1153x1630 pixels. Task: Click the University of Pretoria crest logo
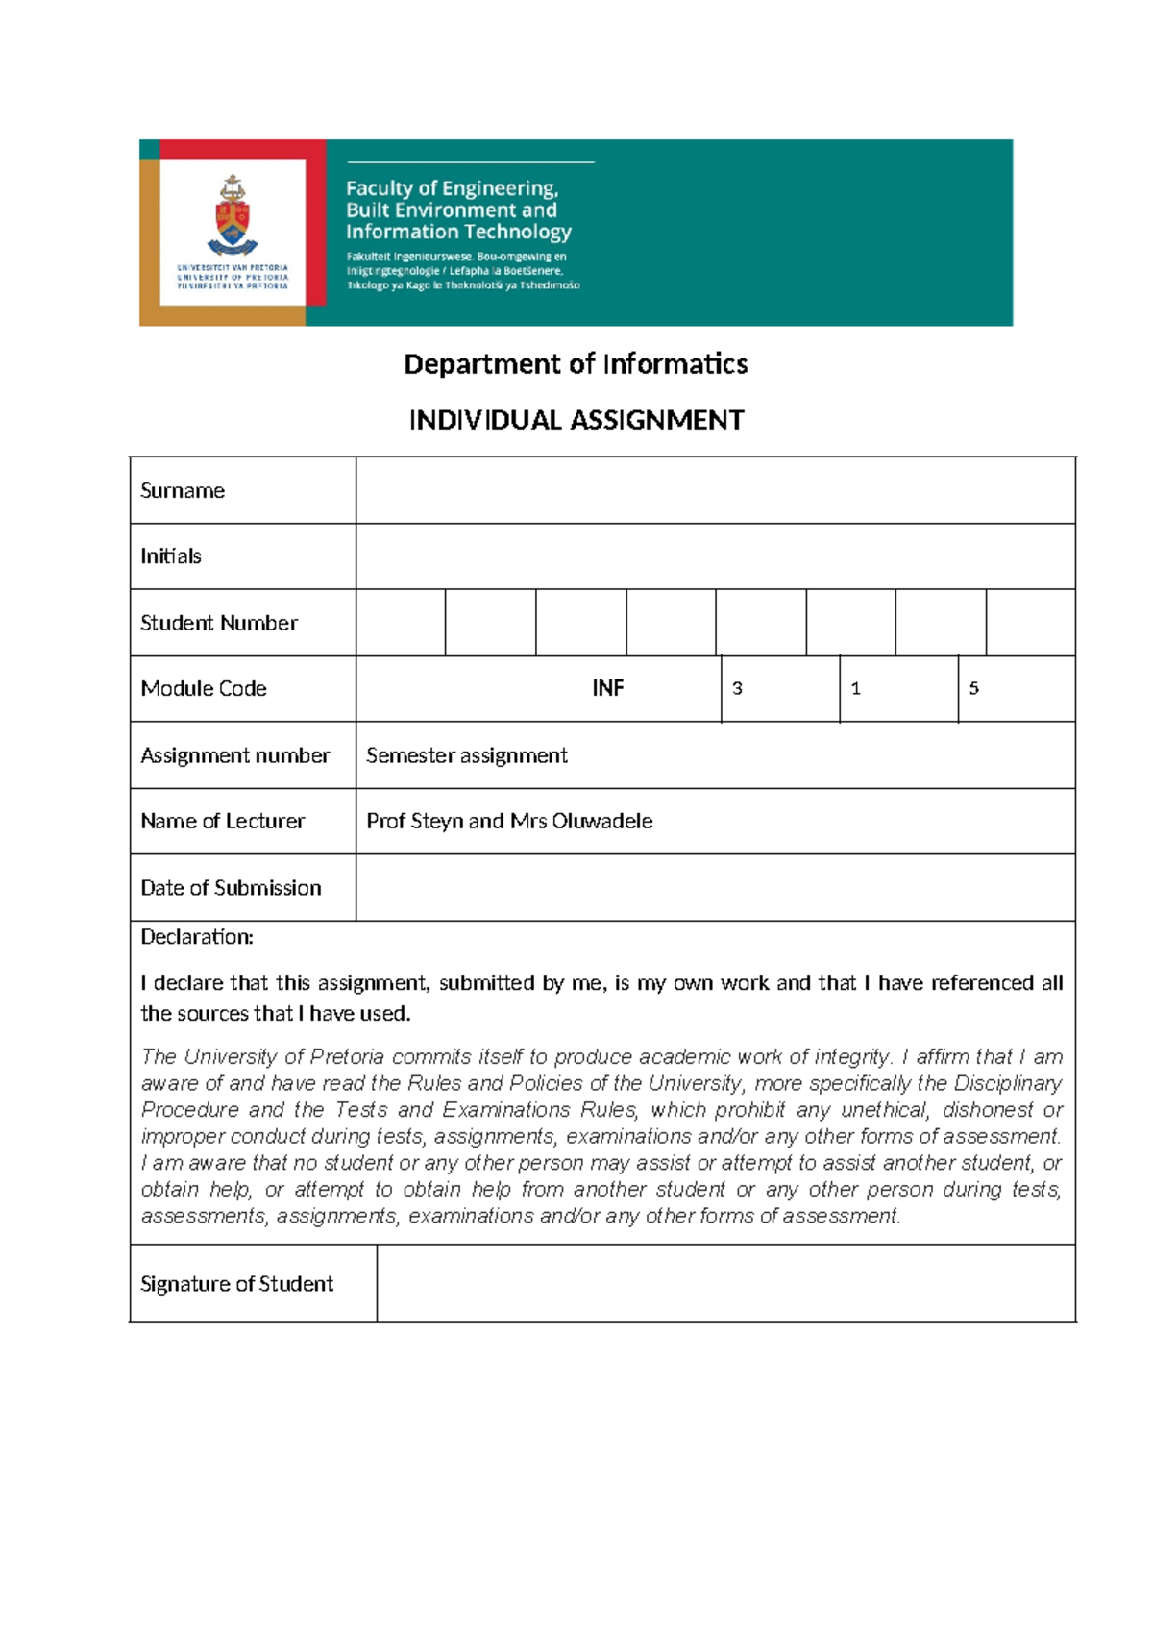click(232, 216)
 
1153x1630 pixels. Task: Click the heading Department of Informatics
click(576, 364)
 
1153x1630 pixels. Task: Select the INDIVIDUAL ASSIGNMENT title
click(576, 420)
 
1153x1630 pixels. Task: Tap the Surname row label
click(183, 491)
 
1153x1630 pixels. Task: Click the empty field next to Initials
click(715, 556)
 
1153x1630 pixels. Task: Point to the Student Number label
click(219, 623)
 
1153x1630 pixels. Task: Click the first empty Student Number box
click(401, 623)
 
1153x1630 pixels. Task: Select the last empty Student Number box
click(1030, 623)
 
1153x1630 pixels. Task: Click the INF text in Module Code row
click(607, 688)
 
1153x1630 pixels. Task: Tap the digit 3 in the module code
click(737, 688)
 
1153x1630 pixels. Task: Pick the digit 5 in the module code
click(973, 688)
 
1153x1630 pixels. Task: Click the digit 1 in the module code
click(855, 688)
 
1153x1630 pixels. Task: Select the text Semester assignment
click(467, 755)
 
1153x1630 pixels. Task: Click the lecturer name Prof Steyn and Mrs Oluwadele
click(509, 821)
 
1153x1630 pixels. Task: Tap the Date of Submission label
click(231, 888)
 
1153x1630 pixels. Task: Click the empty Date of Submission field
click(715, 888)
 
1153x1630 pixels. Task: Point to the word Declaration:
click(197, 937)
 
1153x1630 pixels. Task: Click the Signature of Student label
click(236, 1284)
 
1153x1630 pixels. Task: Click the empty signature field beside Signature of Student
click(725, 1284)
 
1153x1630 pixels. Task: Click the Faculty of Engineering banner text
click(458, 210)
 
